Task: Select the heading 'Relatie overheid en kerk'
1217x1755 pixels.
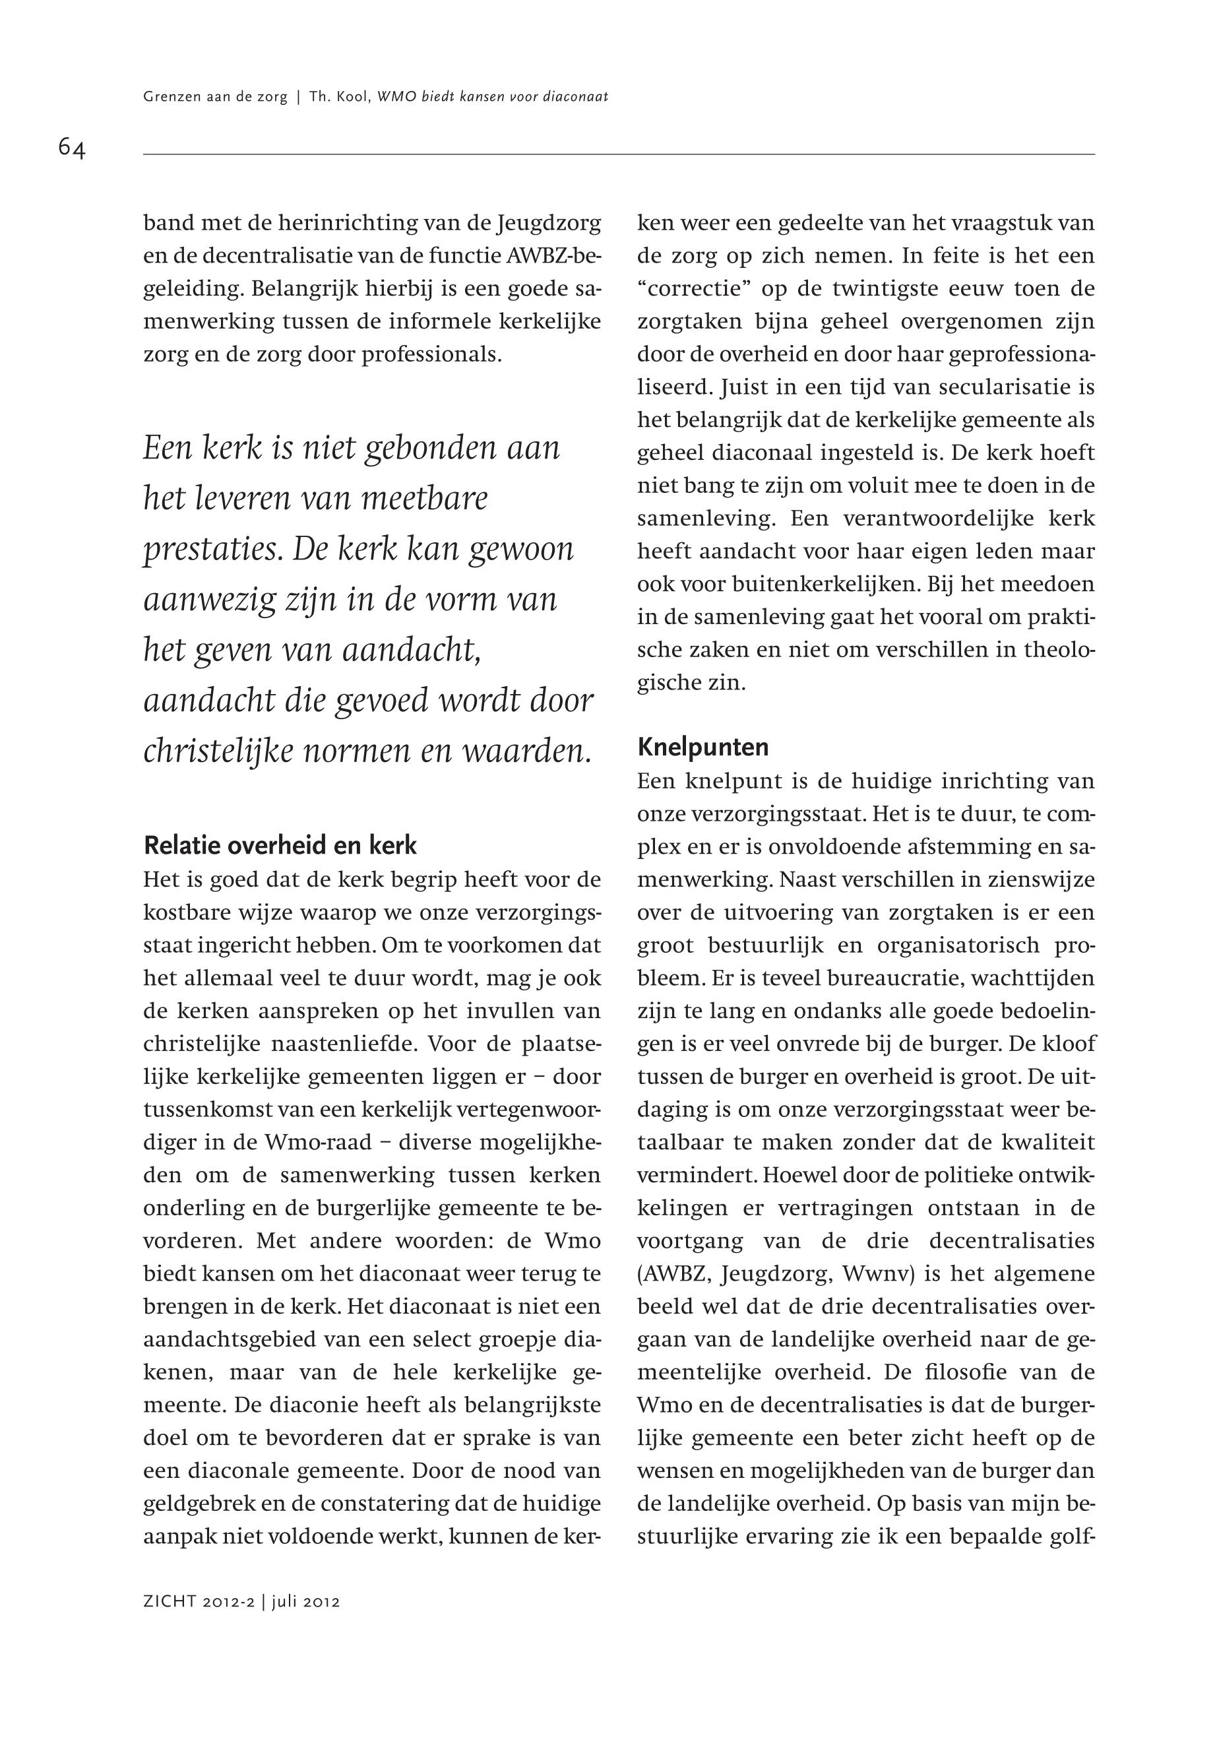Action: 280,845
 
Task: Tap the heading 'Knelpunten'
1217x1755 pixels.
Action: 702,747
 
